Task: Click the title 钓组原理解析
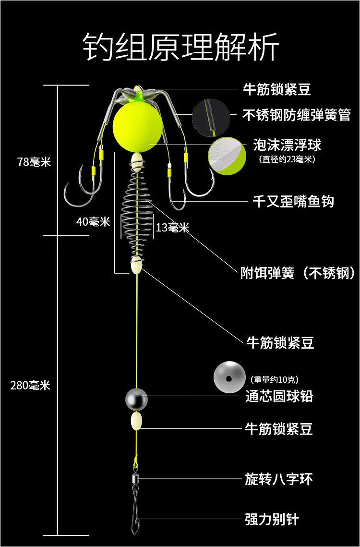pyautogui.click(x=180, y=48)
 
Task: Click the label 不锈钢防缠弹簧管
pyautogui.click(x=297, y=115)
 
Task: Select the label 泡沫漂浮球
pyautogui.click(x=287, y=145)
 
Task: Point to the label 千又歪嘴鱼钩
pyautogui.click(x=293, y=201)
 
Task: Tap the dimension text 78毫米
pyautogui.click(x=34, y=162)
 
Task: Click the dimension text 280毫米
pyautogui.click(x=30, y=385)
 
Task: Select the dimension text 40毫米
pyautogui.click(x=93, y=222)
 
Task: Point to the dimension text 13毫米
pyautogui.click(x=172, y=228)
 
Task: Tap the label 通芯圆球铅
pyautogui.click(x=279, y=396)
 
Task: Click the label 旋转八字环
pyautogui.click(x=279, y=479)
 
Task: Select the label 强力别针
pyautogui.click(x=272, y=519)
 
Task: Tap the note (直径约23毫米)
pyautogui.click(x=287, y=158)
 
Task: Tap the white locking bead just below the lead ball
pyautogui.click(x=137, y=421)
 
